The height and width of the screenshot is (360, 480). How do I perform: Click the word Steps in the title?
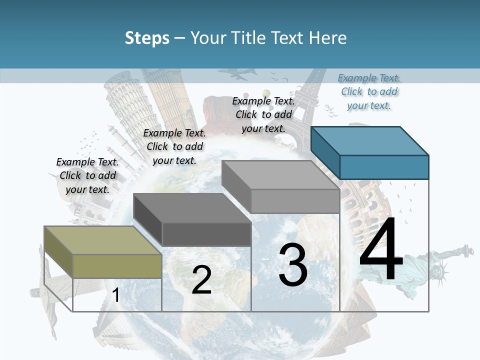coord(147,38)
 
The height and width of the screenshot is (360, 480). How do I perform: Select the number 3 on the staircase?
coord(293,265)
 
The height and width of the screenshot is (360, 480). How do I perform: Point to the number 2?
coord(201,280)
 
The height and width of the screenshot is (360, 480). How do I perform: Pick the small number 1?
coord(116,295)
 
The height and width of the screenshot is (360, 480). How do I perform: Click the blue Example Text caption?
coord(369,91)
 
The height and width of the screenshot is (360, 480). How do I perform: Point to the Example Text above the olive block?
coord(87,175)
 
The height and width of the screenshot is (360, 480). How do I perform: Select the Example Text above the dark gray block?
coord(174,146)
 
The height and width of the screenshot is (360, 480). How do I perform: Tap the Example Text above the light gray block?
coord(263,114)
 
